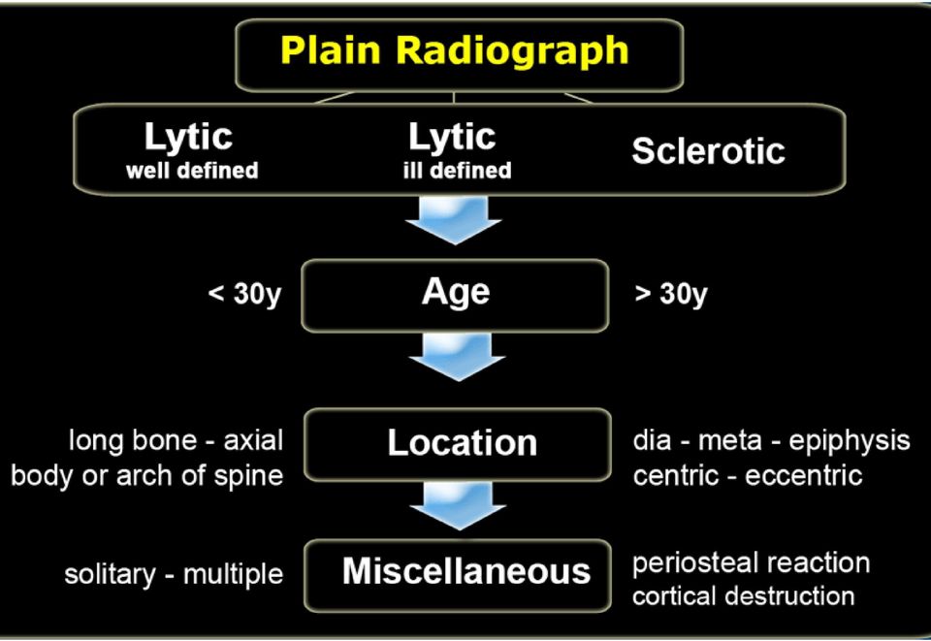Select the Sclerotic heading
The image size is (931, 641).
[x=708, y=150]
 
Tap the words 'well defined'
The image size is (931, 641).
[x=192, y=171]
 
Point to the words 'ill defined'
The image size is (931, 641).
[x=457, y=171]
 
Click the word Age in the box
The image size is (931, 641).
[x=456, y=293]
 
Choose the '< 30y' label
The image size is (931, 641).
[x=244, y=294]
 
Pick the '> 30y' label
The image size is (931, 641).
[x=671, y=294]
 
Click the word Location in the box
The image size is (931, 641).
[x=462, y=443]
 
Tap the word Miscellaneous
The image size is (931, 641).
[x=466, y=571]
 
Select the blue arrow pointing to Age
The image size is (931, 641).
[x=454, y=219]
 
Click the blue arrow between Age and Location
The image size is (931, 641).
[x=457, y=356]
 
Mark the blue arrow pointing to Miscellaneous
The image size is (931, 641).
[x=458, y=505]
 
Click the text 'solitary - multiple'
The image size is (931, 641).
[x=174, y=574]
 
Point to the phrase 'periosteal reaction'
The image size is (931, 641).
[x=751, y=563]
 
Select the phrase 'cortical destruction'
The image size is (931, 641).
[x=744, y=595]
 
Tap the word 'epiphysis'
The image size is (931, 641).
[x=850, y=441]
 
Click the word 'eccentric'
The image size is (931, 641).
[x=803, y=475]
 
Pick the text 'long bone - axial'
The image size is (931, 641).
[x=177, y=441]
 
